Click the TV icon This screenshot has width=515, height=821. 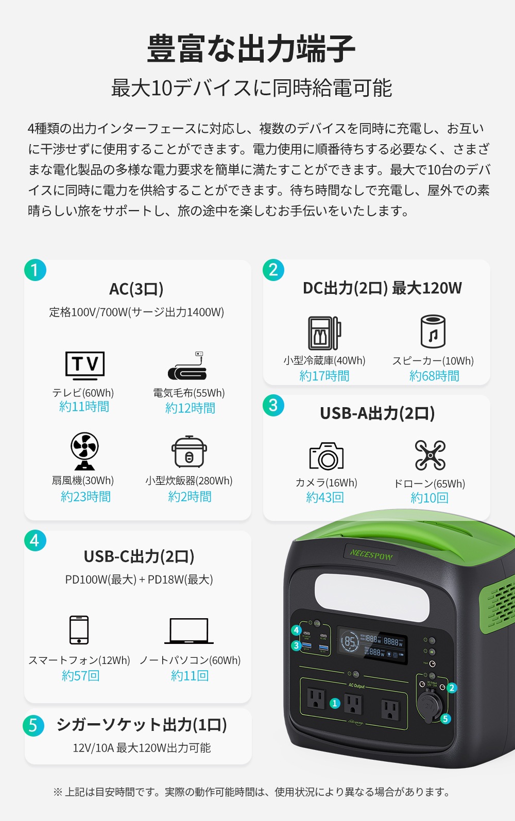(x=85, y=365)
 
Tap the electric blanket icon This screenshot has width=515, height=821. (x=187, y=366)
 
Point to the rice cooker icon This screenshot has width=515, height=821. (x=189, y=451)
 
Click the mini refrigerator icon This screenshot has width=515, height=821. (x=324, y=333)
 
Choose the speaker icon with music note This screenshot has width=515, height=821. (x=433, y=331)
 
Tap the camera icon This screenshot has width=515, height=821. (x=327, y=456)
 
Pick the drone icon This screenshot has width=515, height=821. (x=430, y=455)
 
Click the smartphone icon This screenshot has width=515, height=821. (x=79, y=630)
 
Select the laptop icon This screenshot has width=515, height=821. (x=189, y=631)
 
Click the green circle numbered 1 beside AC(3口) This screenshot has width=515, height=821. (x=35, y=270)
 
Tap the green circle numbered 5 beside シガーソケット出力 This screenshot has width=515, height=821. (x=33, y=725)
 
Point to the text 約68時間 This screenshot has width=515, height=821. (x=434, y=376)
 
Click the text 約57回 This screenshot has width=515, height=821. (x=80, y=676)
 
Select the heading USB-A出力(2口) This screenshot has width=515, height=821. (x=377, y=413)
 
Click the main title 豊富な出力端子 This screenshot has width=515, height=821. (x=251, y=49)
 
